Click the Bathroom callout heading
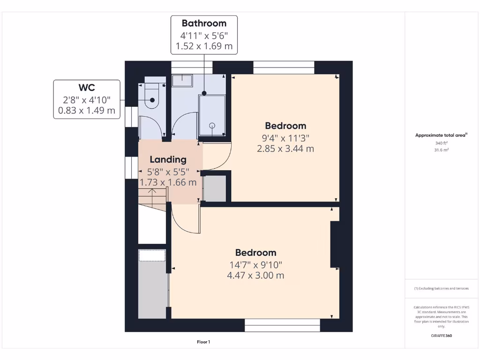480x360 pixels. coord(204,23)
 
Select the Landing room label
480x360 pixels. coord(168,160)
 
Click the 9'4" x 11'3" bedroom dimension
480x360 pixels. coord(285,137)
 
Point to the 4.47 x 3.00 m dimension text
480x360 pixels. coord(255,275)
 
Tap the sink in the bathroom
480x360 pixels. coord(182,81)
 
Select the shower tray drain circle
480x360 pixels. coord(212,126)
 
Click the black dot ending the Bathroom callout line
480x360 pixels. coord(204,93)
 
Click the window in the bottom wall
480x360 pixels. coord(282,325)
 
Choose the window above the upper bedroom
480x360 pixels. coord(284,67)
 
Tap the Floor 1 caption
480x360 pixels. coord(203,342)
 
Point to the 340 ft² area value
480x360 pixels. coord(441,143)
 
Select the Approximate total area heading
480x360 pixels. coord(441,135)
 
